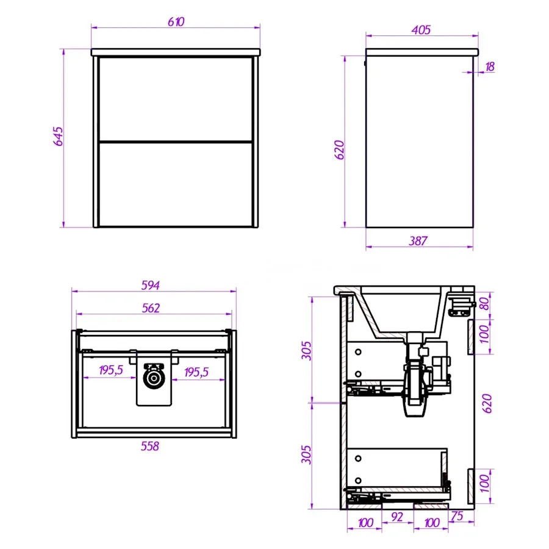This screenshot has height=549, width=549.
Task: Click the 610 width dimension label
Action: [176, 22]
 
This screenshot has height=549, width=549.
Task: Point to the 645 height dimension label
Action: [58, 136]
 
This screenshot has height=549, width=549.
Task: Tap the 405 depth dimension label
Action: [421, 30]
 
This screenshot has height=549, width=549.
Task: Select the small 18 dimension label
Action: [490, 66]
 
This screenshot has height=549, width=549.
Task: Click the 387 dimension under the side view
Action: [418, 241]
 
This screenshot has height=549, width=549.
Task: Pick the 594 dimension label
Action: [150, 285]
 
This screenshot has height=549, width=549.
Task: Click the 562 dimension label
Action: [151, 308]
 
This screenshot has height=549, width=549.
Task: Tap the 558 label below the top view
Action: [150, 446]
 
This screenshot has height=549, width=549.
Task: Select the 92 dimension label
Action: [396, 517]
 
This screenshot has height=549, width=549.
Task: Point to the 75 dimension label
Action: [457, 515]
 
